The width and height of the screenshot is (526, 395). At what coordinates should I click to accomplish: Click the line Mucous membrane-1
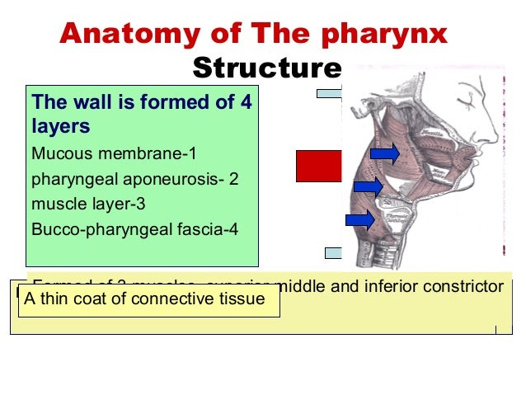(x=114, y=153)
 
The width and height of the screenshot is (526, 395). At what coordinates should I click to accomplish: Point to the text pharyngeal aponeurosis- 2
(x=134, y=179)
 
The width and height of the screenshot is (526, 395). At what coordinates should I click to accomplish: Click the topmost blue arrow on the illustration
(x=385, y=153)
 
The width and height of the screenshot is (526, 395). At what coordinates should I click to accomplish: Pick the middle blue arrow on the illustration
(x=368, y=187)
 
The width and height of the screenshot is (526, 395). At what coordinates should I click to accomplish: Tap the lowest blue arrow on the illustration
(x=360, y=219)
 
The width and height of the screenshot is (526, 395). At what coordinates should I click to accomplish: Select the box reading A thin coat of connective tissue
(x=149, y=299)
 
